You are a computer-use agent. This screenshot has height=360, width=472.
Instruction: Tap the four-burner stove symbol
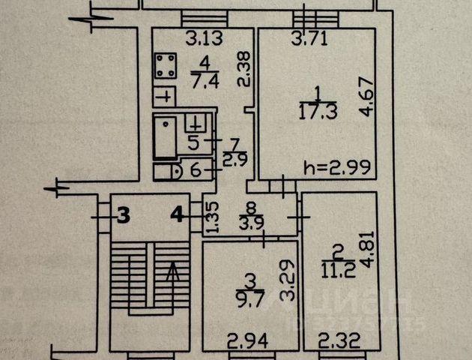click(x=166, y=65)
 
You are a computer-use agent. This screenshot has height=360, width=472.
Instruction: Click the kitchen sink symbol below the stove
click(x=165, y=97)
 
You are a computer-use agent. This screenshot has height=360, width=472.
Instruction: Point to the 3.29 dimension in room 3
click(x=289, y=277)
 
